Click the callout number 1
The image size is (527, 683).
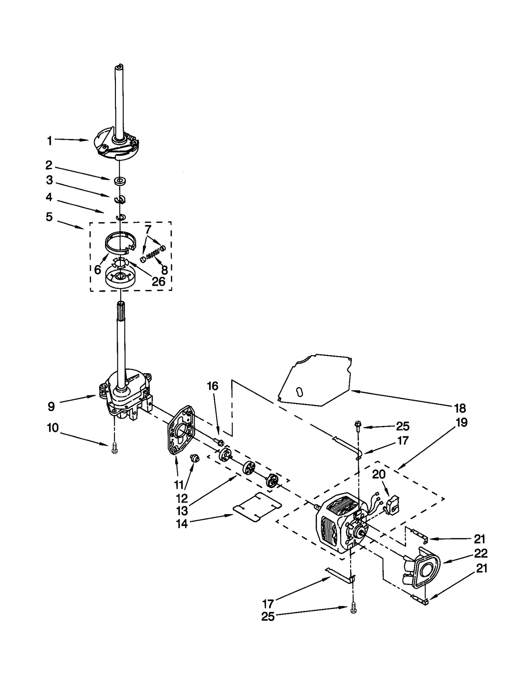pos(49,141)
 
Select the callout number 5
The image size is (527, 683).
pos(49,217)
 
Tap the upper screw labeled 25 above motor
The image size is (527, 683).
pos(358,426)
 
